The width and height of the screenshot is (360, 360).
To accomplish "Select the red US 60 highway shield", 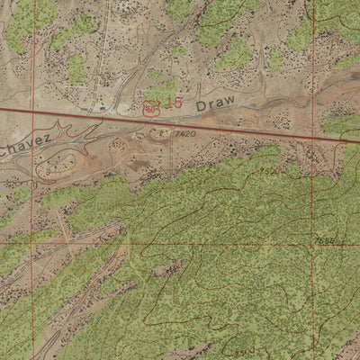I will coord(150,108).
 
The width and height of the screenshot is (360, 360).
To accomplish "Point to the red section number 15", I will coord(172,103).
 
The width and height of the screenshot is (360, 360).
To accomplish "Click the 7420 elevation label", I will coord(185,134).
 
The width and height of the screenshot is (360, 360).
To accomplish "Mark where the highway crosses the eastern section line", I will coord(312,135).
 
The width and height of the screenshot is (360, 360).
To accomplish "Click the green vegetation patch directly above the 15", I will coord(162,89).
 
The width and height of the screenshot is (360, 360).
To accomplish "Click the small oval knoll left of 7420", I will coord(161,134).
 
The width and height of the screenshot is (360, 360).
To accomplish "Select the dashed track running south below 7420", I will coord(171,157).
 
